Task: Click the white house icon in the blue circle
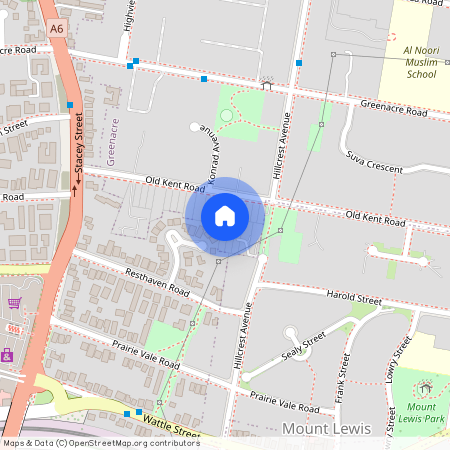coord(225,215)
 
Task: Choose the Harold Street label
coord(354,297)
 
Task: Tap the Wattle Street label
coord(175,429)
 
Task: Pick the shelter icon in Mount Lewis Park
coord(426,388)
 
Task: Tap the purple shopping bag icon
coord(7,354)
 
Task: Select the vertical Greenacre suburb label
coord(112,140)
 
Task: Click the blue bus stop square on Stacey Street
coord(71,105)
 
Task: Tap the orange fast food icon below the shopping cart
coord(12,327)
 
